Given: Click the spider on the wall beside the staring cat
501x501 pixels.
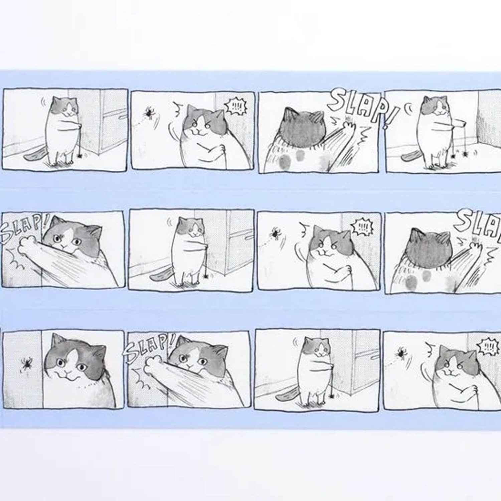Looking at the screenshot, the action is click(26, 364).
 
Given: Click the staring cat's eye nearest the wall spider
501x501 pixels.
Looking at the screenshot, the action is click(61, 362).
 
